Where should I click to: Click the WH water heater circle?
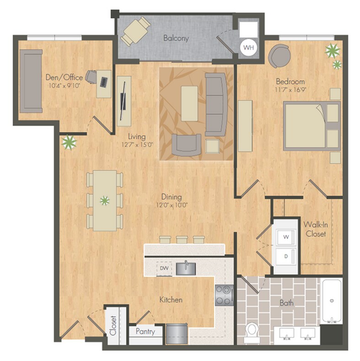click(249, 48)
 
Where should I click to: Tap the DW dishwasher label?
click(164, 268)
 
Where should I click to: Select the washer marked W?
click(286, 237)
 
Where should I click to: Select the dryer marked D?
click(286, 257)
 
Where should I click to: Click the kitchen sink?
click(186, 269)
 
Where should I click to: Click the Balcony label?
click(176, 38)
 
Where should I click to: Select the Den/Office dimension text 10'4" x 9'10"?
click(64, 86)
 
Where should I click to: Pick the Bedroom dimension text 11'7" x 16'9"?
click(290, 90)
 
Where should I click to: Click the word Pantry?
click(145, 332)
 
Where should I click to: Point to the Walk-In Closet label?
click(316, 229)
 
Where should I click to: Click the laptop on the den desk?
click(104, 82)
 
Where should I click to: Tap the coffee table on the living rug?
click(189, 103)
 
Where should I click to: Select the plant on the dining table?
click(105, 201)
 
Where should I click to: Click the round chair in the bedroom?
click(279, 56)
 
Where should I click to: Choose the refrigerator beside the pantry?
click(177, 334)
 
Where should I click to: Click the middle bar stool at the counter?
click(182, 240)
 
